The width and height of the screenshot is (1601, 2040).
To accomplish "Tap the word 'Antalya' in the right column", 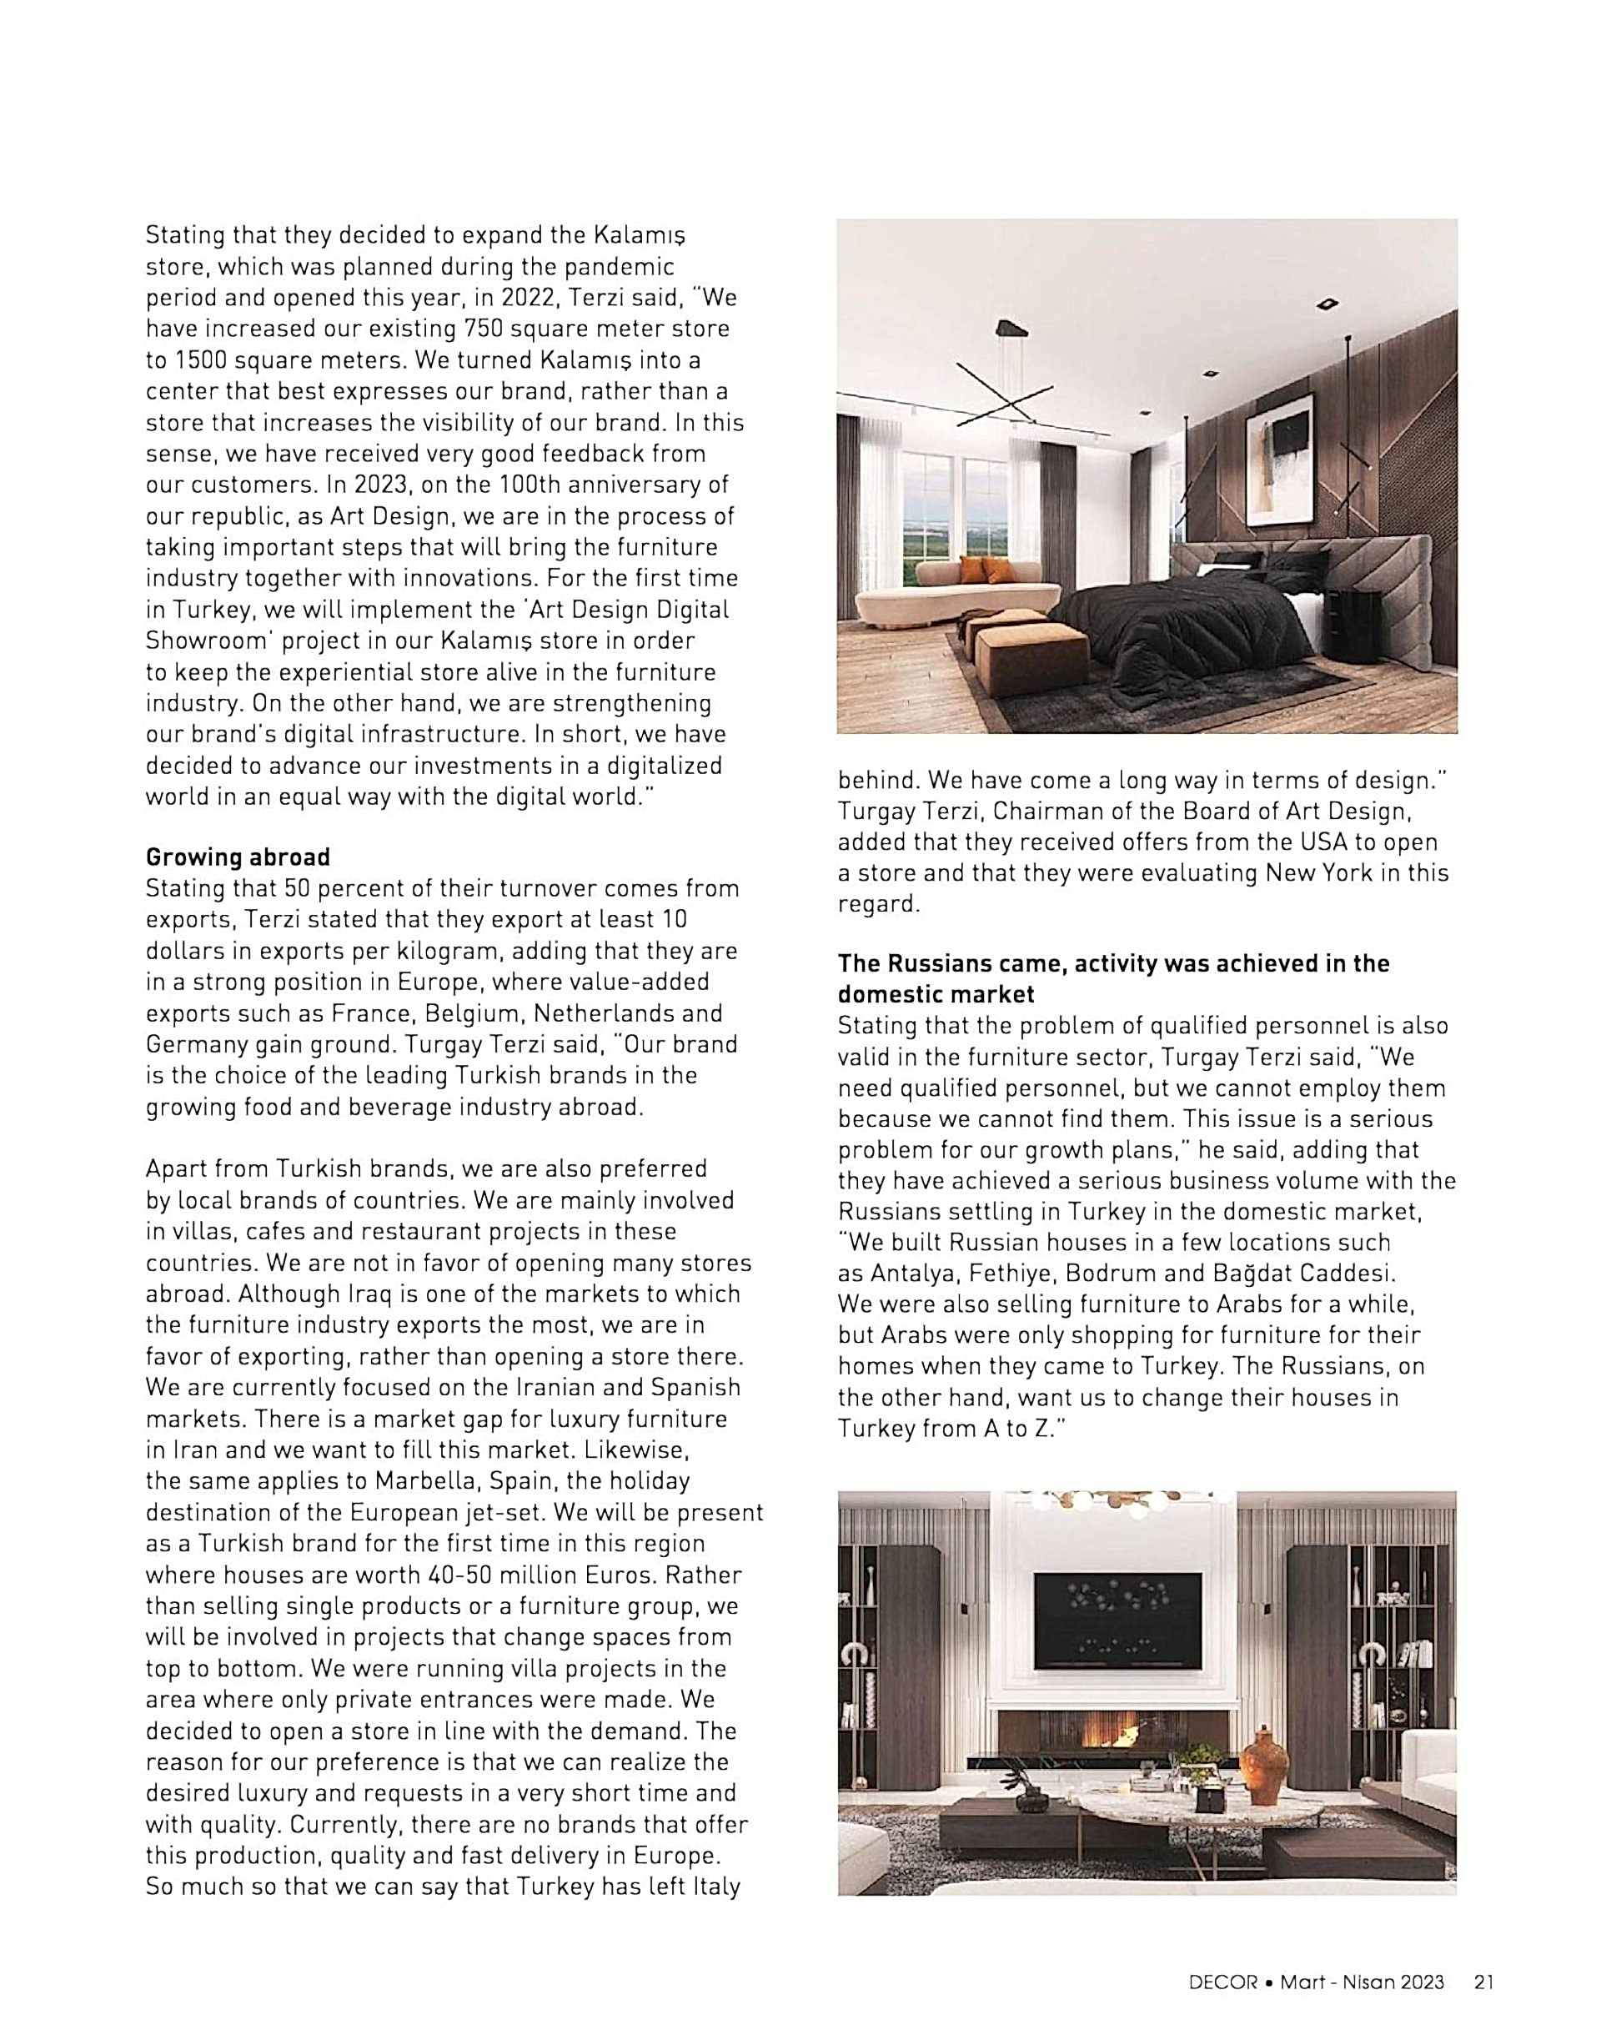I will click(912, 1274).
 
